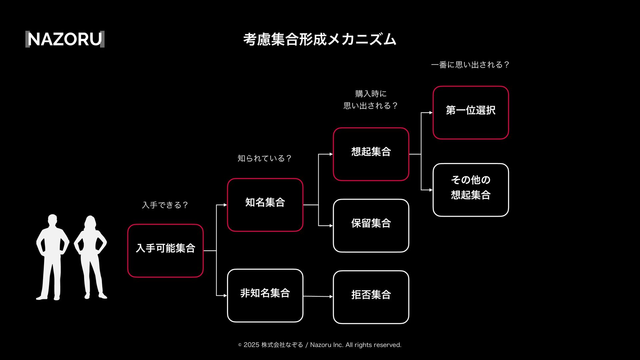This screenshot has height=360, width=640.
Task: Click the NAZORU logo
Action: [65, 39]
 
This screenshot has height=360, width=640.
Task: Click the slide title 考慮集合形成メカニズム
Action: [320, 39]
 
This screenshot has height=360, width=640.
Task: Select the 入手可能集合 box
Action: [165, 250]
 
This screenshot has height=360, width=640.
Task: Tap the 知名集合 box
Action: [265, 205]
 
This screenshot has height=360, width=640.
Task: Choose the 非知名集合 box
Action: [265, 295]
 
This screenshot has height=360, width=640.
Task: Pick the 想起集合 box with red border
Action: [371, 154]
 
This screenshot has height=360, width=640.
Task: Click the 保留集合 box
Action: [371, 225]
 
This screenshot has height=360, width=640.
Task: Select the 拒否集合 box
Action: [371, 297]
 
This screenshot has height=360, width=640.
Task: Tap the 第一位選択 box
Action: [470, 112]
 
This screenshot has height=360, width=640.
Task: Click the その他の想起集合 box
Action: [470, 190]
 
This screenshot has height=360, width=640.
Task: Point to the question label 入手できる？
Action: [165, 205]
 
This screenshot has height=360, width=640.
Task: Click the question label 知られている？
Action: [265, 158]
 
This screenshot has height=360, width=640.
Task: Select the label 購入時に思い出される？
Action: [371, 100]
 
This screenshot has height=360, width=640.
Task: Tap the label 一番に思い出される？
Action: [470, 65]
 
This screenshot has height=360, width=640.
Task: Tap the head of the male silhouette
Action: [53, 221]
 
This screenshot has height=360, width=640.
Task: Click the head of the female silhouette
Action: [90, 222]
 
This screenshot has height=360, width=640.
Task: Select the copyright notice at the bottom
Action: [320, 345]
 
